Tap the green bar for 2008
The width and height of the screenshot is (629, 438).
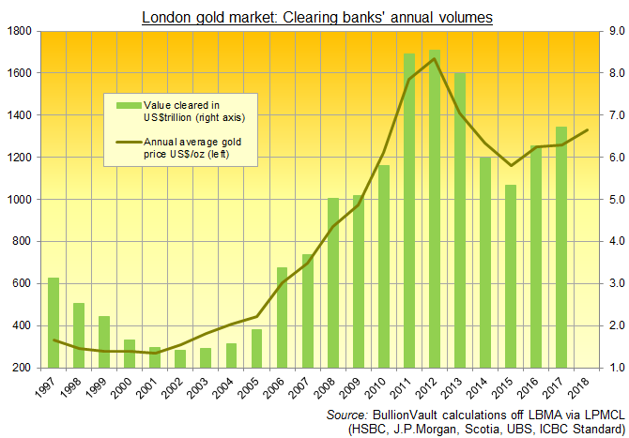coord(332,282)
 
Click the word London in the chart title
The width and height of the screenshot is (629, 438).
coord(167,14)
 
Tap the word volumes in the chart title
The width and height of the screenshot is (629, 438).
coord(460,14)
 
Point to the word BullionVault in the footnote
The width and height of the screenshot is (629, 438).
coord(406,414)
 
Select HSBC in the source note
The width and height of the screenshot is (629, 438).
coord(369,429)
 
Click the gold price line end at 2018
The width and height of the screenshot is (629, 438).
coord(587,130)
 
